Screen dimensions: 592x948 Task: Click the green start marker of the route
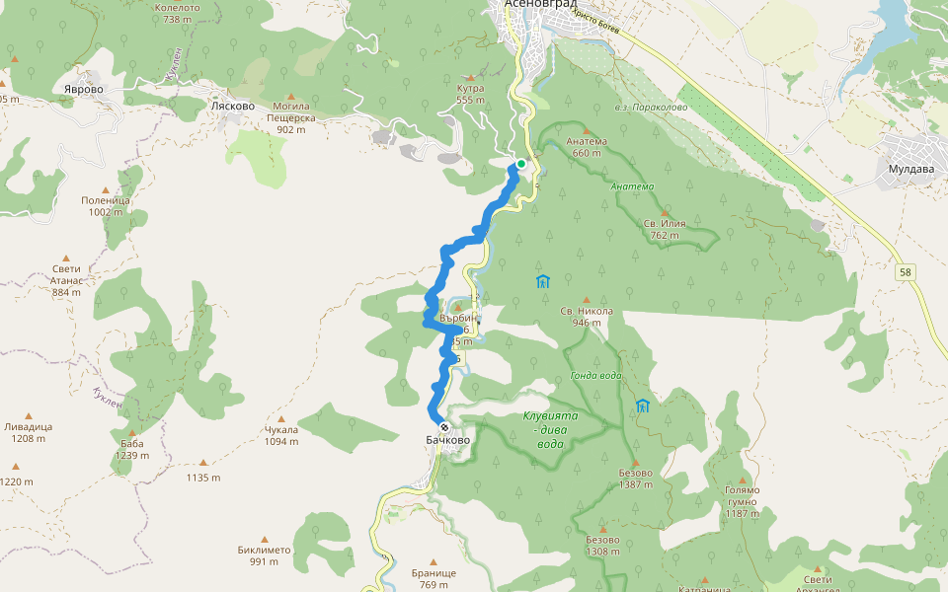pyautogui.click(x=520, y=164)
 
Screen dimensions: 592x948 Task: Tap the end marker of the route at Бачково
pyautogui.click(x=444, y=428)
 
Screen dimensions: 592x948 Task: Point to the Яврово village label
pyautogui.click(x=83, y=89)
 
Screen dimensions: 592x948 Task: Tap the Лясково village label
pyautogui.click(x=233, y=106)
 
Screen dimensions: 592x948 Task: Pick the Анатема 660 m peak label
pyautogui.click(x=587, y=146)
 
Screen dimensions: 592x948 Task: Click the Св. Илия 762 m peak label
pyautogui.click(x=664, y=229)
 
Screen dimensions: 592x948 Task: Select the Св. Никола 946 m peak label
pyautogui.click(x=587, y=316)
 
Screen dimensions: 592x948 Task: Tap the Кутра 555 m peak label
pyautogui.click(x=471, y=94)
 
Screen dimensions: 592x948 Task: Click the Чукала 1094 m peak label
pyautogui.click(x=280, y=435)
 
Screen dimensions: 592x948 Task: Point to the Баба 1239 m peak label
pyautogui.click(x=131, y=449)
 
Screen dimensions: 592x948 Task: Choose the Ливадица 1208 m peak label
pyautogui.click(x=29, y=432)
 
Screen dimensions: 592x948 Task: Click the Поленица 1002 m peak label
pyautogui.click(x=106, y=205)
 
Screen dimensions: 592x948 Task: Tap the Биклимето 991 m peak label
pyautogui.click(x=264, y=555)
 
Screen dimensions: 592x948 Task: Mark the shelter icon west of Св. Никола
pyautogui.click(x=542, y=282)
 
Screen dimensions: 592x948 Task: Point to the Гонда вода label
pyautogui.click(x=596, y=376)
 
